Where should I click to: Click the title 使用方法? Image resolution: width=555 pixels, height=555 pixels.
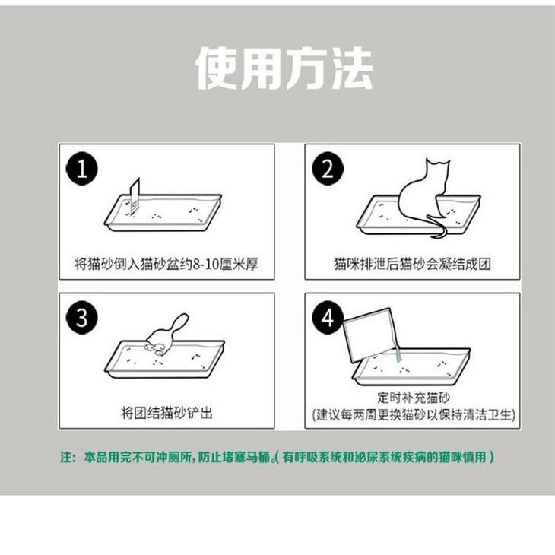[284, 68]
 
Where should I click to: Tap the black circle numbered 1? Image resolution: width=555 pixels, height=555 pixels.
[82, 169]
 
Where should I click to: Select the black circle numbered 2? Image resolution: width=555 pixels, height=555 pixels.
[328, 169]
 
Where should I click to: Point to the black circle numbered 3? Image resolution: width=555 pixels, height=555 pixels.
[82, 318]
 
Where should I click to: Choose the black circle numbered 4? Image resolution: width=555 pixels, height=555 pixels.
[327, 318]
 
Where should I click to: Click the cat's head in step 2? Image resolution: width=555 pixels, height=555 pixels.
[437, 170]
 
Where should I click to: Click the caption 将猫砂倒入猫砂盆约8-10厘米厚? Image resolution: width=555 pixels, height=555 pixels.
[166, 264]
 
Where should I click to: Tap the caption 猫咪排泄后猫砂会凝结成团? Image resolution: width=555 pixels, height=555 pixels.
[412, 264]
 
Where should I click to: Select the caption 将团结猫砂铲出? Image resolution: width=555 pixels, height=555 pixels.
[166, 413]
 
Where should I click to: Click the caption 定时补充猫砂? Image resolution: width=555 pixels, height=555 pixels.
[413, 397]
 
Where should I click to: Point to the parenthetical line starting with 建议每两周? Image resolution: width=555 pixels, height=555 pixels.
[414, 414]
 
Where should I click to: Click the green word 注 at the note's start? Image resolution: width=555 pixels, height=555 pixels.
[66, 457]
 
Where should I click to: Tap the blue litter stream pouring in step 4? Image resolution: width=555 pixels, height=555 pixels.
[398, 354]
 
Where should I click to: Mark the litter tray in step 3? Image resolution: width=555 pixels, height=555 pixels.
[164, 360]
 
